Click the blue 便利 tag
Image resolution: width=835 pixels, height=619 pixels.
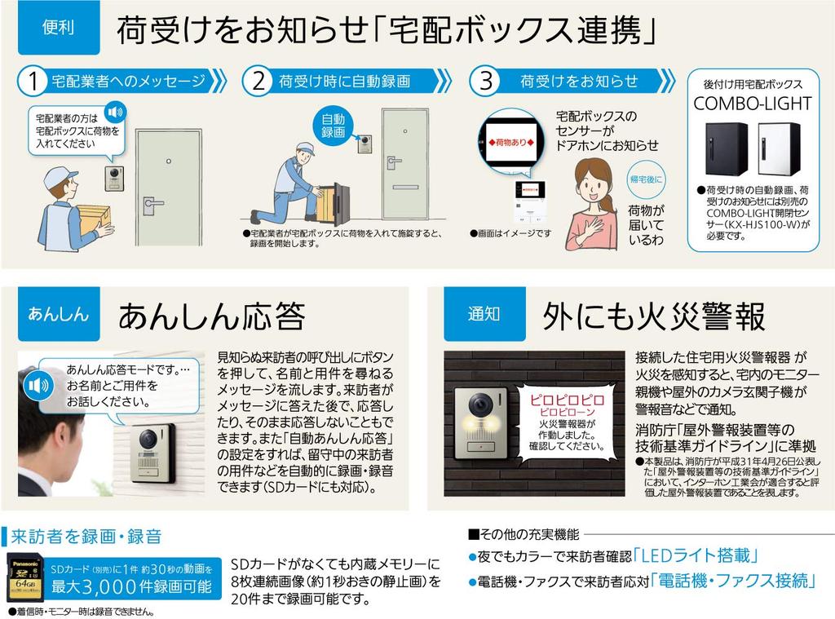(x=58, y=28)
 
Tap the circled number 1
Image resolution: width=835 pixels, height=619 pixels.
(x=33, y=82)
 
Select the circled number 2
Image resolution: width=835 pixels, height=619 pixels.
(x=258, y=82)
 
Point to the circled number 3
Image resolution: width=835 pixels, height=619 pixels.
(x=486, y=82)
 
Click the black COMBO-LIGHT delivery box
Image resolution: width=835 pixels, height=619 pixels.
(x=727, y=148)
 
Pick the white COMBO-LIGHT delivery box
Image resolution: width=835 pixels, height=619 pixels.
(x=779, y=148)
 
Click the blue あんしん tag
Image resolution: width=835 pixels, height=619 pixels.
(x=58, y=314)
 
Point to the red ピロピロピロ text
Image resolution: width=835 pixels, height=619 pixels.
(x=568, y=400)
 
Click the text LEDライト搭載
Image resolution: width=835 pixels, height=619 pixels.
(x=696, y=557)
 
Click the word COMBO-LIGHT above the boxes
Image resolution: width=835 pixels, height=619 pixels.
(x=752, y=104)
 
